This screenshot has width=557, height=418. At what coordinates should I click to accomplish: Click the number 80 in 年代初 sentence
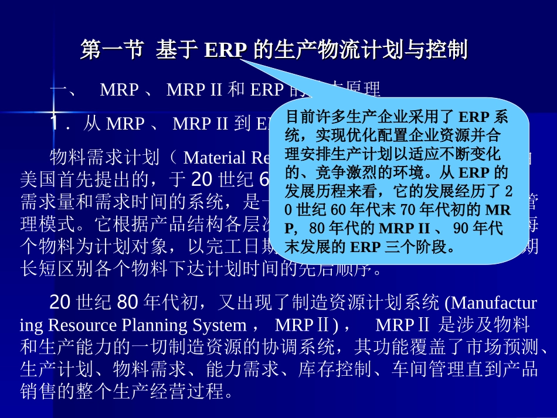[x=127, y=303]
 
